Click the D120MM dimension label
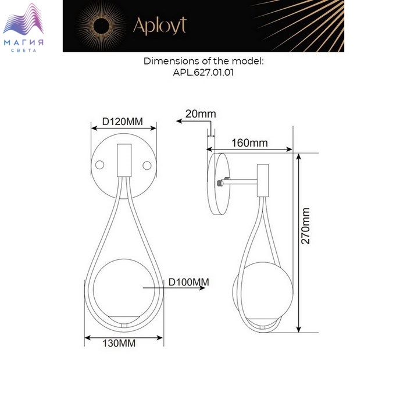(122, 122)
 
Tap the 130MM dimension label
(119, 343)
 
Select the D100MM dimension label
(189, 282)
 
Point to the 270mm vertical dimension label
(305, 226)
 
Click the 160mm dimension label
(249, 143)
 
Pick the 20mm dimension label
(201, 114)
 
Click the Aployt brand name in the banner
(160, 26)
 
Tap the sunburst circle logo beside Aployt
(101, 26)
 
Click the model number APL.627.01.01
(203, 73)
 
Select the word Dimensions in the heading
(172, 61)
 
